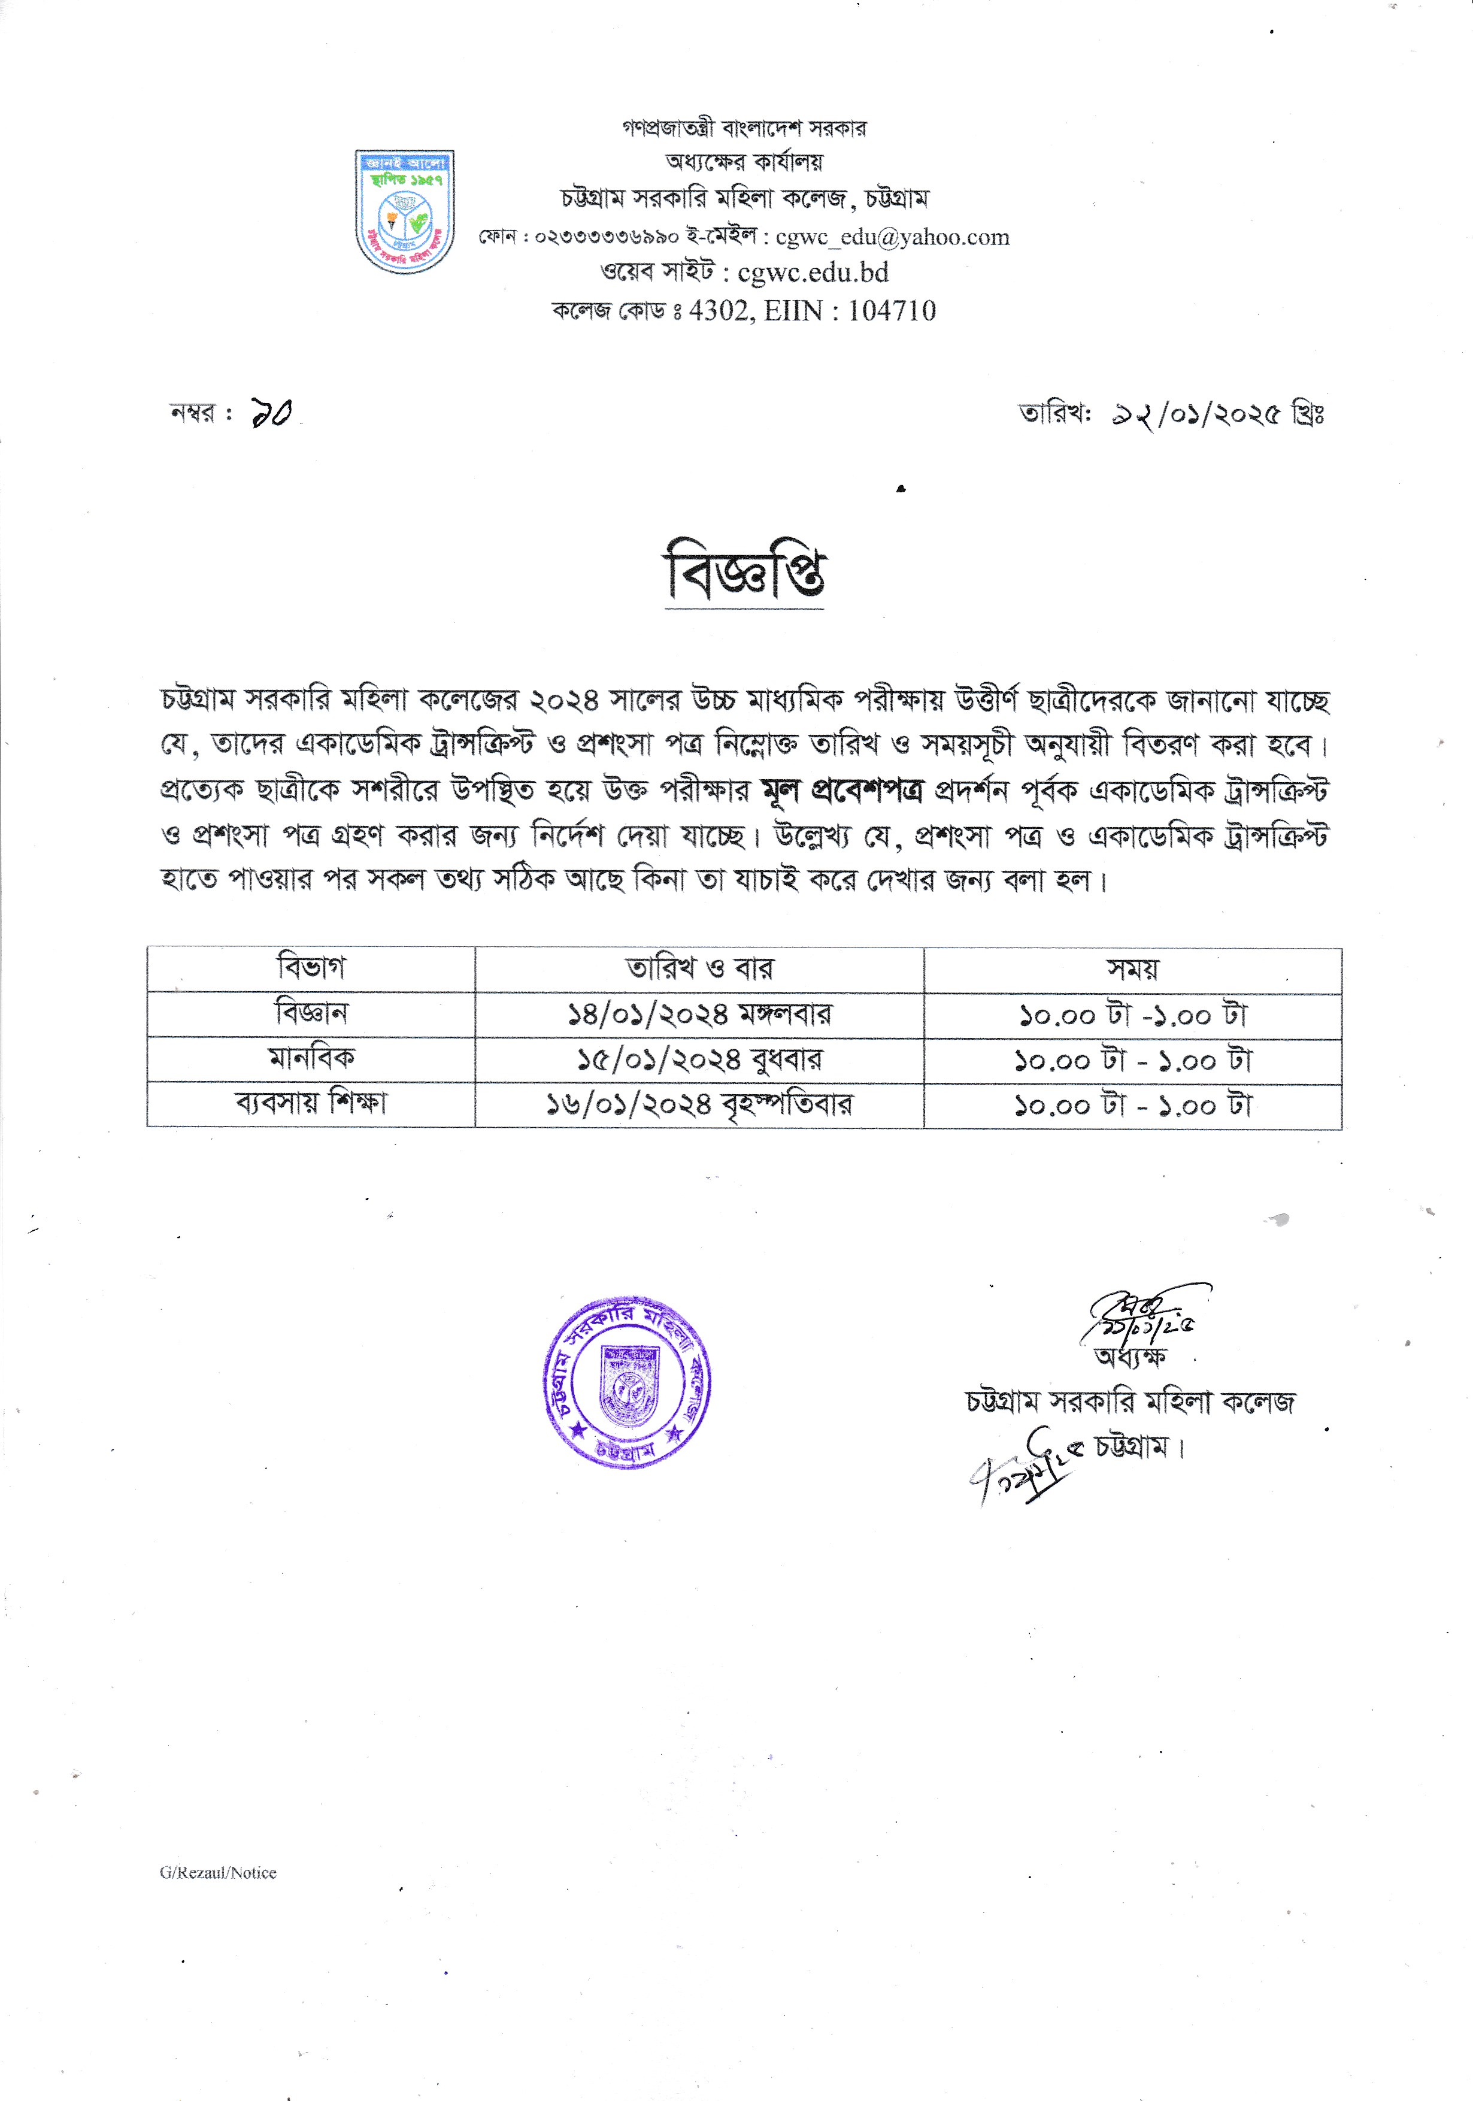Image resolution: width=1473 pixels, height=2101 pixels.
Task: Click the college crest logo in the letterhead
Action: (404, 211)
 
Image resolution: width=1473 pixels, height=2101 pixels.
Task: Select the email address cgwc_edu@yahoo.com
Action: (892, 237)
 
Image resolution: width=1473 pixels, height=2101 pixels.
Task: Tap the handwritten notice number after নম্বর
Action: (271, 414)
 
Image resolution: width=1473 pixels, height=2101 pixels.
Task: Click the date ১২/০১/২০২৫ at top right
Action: (1195, 414)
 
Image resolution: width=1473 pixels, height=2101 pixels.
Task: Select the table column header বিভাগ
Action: (311, 968)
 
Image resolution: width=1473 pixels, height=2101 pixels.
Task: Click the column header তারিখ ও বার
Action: (699, 968)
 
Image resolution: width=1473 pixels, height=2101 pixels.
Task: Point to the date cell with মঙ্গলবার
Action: (699, 1015)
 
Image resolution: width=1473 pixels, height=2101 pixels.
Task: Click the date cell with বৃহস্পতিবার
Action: (699, 1104)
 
